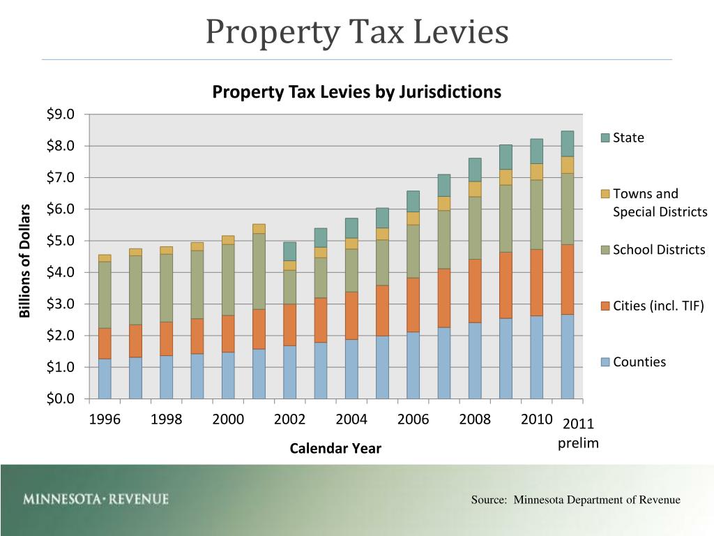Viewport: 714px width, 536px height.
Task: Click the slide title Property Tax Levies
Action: (x=357, y=32)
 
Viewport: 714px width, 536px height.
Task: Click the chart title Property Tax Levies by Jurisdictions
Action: (x=356, y=92)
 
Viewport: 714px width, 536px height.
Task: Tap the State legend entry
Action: (x=628, y=137)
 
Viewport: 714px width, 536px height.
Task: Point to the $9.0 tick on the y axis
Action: (x=64, y=114)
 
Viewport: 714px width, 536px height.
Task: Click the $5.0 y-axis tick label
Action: (x=64, y=241)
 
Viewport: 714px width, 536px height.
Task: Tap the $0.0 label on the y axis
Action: (x=64, y=399)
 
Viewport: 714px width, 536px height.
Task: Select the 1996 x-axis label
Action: (x=105, y=419)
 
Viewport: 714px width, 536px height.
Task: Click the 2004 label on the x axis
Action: (x=351, y=419)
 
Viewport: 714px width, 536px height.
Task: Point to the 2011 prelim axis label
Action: (x=578, y=433)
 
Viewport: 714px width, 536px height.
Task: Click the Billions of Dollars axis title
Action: (x=26, y=260)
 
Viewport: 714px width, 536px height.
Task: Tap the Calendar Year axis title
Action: (x=335, y=448)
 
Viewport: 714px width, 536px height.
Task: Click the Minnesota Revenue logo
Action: (x=96, y=499)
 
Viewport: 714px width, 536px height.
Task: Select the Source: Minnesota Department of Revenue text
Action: (x=575, y=500)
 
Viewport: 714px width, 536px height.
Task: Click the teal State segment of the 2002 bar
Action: (x=289, y=251)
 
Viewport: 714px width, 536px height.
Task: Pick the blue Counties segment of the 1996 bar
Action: (x=105, y=378)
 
